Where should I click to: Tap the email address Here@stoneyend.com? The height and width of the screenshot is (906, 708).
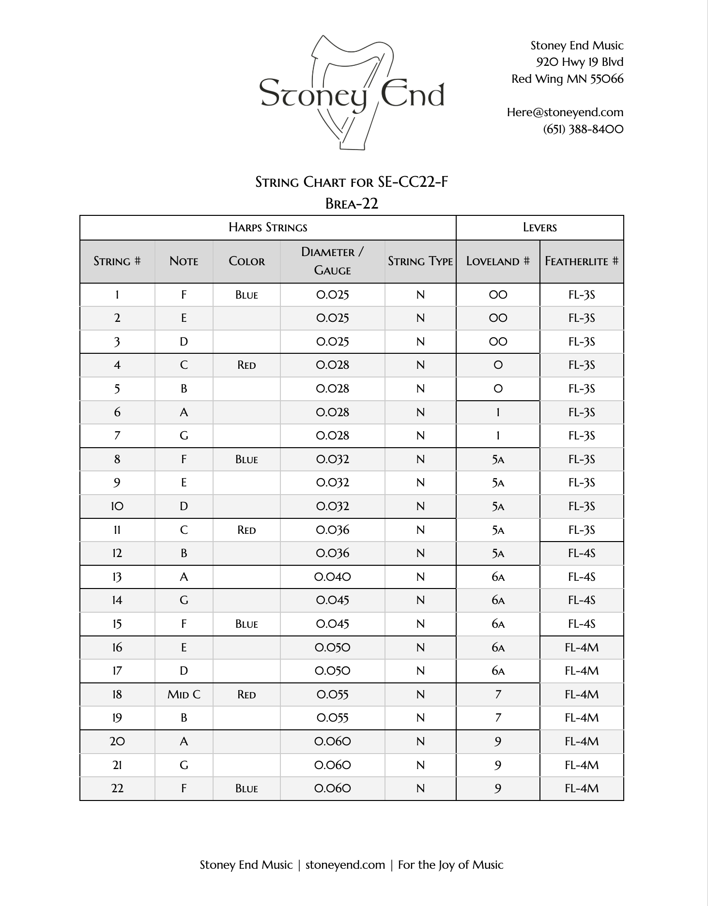pos(565,112)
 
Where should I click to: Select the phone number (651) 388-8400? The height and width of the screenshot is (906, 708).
pos(583,129)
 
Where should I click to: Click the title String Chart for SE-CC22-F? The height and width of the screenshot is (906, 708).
pos(352,182)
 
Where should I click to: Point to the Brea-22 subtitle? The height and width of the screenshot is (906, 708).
pos(352,204)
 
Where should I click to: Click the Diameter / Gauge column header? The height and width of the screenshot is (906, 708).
pos(332,261)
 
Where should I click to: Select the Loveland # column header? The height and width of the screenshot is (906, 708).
pos(498,261)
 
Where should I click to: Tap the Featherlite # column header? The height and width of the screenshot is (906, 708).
pos(581,261)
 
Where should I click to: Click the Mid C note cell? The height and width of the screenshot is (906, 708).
pos(184,695)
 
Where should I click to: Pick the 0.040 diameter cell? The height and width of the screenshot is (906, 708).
pos(332,577)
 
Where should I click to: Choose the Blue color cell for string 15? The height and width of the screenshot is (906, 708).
pos(246,624)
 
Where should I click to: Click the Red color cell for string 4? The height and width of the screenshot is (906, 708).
pos(246,365)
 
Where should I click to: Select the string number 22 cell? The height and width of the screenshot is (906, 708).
pos(117,788)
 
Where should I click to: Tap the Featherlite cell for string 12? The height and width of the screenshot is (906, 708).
pos(581,553)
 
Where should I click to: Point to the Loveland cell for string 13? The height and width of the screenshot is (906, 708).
pos(498,577)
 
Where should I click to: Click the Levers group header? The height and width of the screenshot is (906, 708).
pos(539,227)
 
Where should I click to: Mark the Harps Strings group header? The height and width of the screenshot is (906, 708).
pos(268,227)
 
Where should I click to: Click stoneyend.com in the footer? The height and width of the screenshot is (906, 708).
pos(345,865)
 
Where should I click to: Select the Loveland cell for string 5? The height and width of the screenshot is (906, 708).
pos(498,389)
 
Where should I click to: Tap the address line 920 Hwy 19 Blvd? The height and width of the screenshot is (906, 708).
pos(580,62)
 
